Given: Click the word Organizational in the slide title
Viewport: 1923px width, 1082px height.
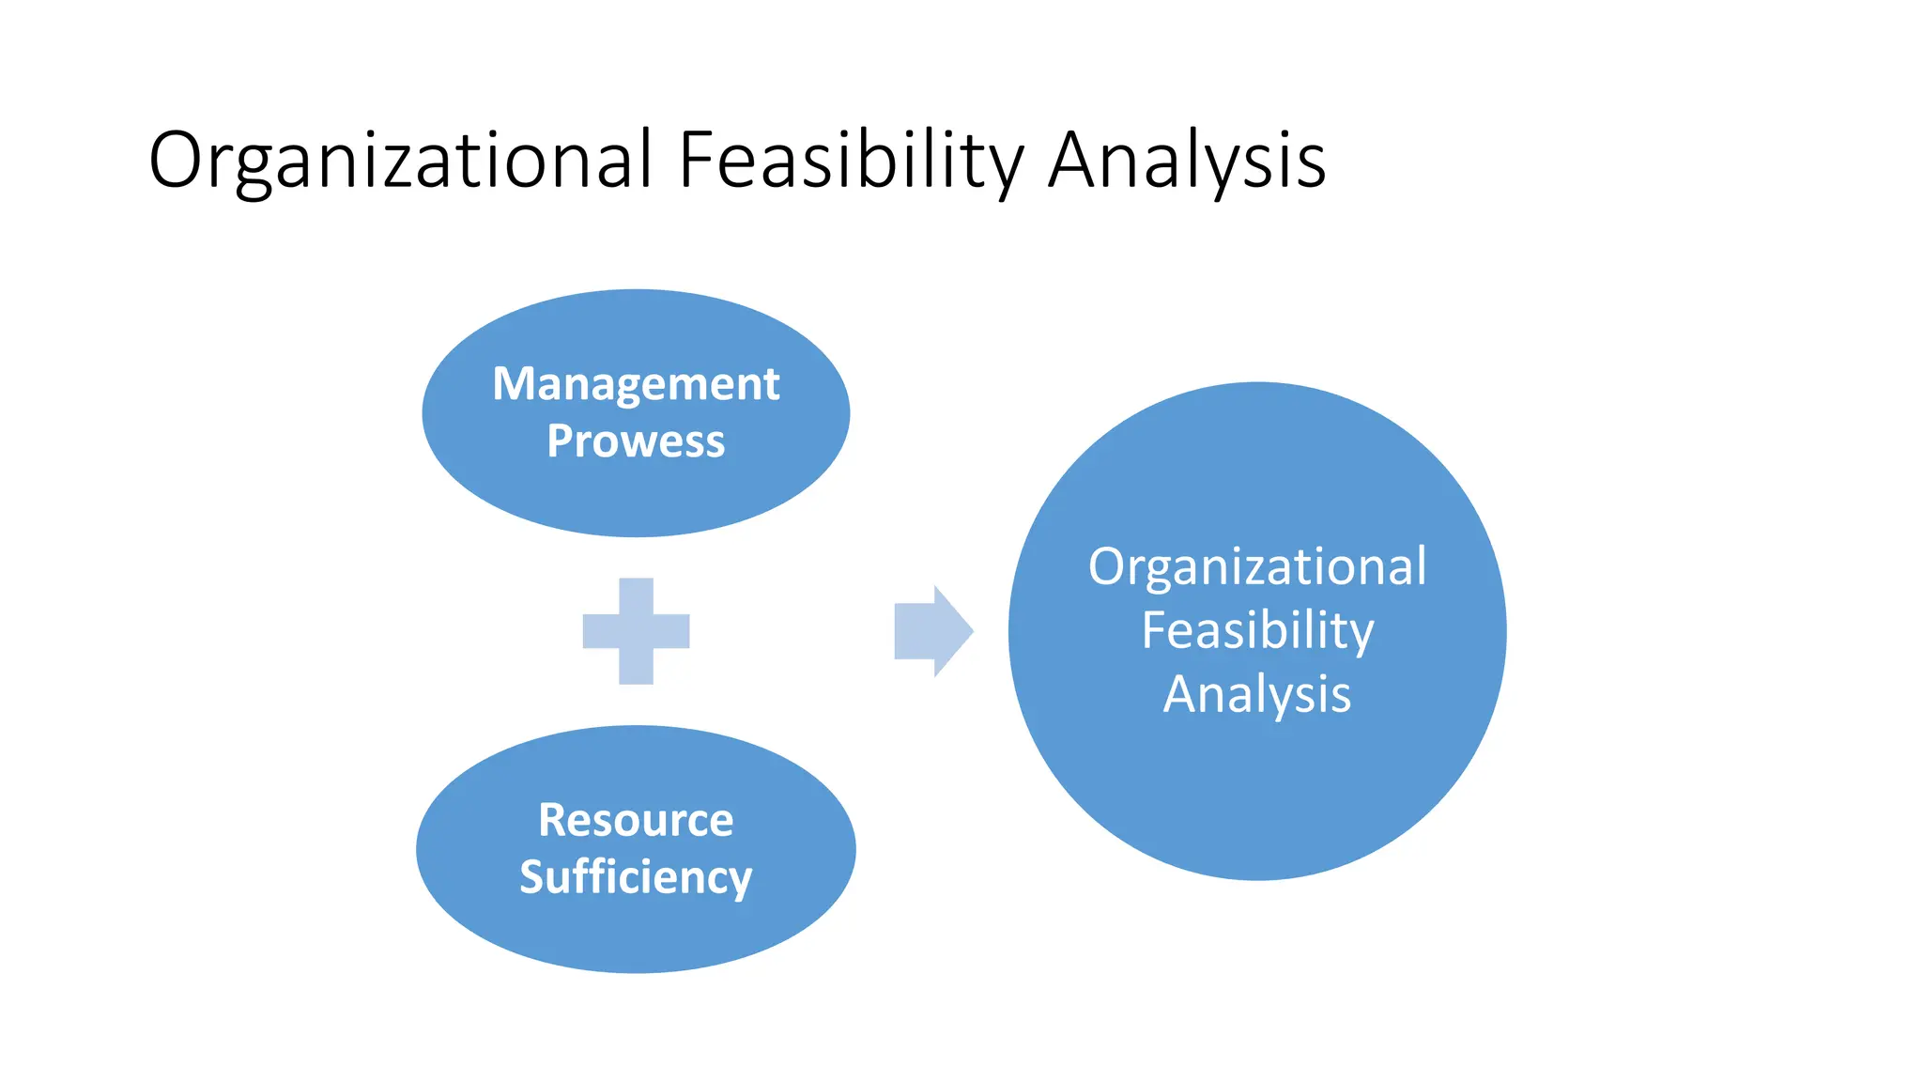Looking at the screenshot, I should [x=400, y=161].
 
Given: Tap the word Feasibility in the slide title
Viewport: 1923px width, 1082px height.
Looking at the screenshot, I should [x=851, y=161].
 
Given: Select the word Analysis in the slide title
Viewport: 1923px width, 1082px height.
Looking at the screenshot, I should [x=1187, y=161].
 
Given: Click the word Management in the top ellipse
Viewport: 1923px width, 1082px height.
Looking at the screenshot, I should [x=636, y=384].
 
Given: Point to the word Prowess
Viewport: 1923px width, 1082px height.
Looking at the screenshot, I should [x=636, y=441].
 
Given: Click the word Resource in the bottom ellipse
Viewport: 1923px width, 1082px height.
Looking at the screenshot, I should [x=636, y=820].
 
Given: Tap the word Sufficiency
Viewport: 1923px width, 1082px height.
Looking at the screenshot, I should [x=636, y=877].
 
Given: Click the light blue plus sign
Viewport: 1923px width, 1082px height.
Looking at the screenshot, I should [x=637, y=631].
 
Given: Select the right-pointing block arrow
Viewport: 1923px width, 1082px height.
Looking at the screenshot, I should [x=930, y=631].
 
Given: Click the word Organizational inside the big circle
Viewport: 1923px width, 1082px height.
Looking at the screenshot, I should [x=1257, y=567].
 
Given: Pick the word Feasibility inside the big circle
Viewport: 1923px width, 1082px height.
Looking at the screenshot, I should [x=1257, y=630].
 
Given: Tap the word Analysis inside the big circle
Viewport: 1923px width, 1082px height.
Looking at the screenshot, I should [x=1257, y=694].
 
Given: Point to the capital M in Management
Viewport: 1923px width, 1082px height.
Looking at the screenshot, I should [x=514, y=384].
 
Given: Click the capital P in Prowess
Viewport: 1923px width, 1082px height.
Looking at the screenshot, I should [x=560, y=441].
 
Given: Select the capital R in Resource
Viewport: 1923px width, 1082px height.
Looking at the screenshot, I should [x=552, y=820].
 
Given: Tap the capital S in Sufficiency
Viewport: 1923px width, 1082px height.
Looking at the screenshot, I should [x=532, y=877].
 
